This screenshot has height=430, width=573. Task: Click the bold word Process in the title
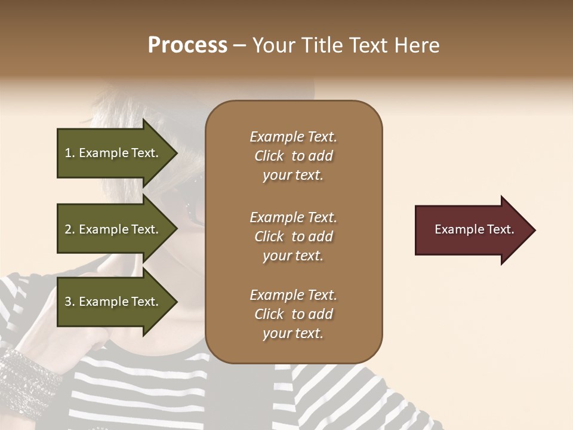coord(187,45)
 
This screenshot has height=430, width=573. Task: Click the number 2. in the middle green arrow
coord(70,229)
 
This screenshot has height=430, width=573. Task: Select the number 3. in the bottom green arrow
coord(70,302)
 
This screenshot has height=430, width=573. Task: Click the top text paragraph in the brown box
coord(293,156)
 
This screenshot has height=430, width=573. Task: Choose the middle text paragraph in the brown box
coord(293,236)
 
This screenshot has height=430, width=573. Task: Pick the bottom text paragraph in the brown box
coord(293,314)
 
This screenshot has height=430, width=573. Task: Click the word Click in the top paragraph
coord(269,156)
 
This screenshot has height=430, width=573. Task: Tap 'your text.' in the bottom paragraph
coord(293,333)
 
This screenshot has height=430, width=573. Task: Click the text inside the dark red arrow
coord(474,229)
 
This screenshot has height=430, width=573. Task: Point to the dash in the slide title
coord(239,46)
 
